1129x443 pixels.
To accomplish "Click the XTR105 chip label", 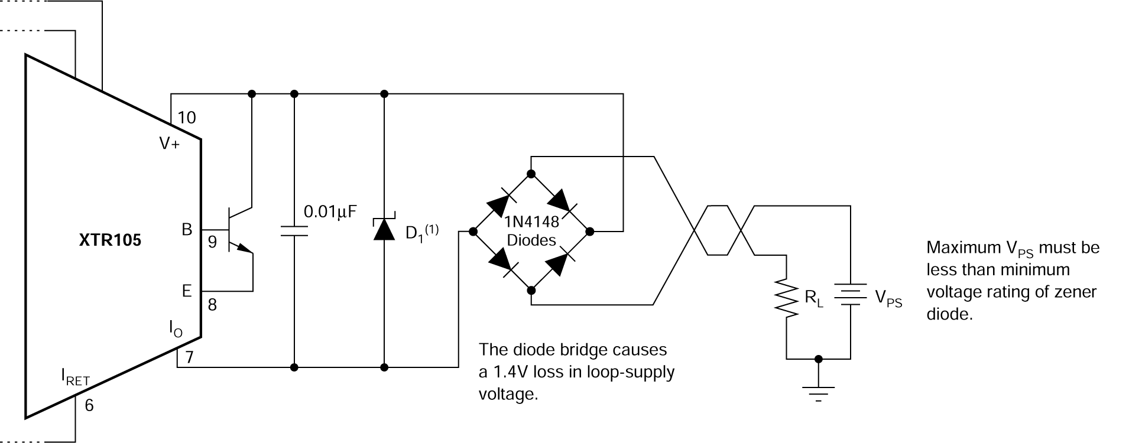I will [x=110, y=241].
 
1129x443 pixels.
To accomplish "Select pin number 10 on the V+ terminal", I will [x=187, y=118].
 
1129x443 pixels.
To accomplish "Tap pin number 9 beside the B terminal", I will [x=212, y=242].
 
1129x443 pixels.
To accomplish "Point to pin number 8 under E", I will [x=212, y=305].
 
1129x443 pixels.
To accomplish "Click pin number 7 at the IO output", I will [x=189, y=356].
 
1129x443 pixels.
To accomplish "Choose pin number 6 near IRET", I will [x=89, y=405].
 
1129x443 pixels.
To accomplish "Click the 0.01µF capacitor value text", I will [x=330, y=211].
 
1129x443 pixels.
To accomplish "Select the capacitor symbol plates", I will [x=294, y=230].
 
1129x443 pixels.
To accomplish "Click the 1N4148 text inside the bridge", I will [x=531, y=223].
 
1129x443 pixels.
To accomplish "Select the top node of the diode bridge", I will [x=531, y=174].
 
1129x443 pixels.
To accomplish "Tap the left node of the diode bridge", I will [x=472, y=232].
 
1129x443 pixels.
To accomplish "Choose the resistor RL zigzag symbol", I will [x=787, y=297].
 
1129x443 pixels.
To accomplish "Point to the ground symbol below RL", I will [x=819, y=391].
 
